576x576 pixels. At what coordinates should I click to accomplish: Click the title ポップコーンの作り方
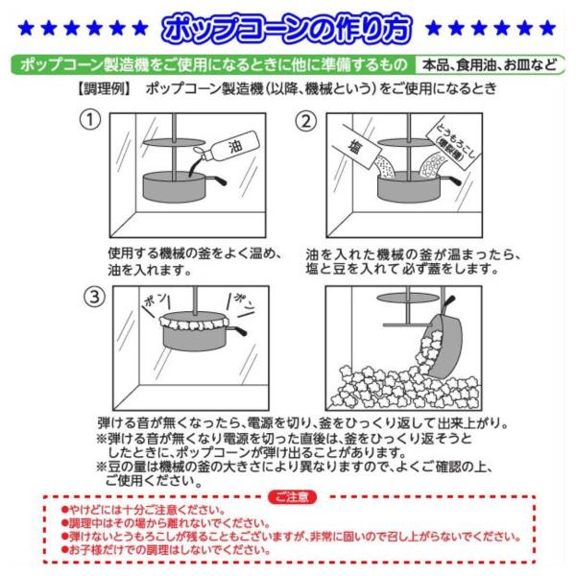coord(287,29)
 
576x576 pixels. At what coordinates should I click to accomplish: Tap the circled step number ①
coord(90,120)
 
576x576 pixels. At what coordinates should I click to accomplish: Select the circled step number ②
coord(306,121)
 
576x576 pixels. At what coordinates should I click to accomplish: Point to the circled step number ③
coord(94,296)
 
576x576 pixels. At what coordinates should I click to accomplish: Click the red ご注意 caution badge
coord(292,497)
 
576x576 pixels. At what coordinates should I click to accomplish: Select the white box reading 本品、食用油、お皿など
coord(489,65)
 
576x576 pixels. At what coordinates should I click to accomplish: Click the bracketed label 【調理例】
coord(104,89)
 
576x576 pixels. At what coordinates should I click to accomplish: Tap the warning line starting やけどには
coord(143,510)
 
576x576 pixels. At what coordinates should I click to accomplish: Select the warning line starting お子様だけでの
coord(165,549)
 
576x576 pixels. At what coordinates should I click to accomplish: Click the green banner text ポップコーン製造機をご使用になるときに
coord(213,65)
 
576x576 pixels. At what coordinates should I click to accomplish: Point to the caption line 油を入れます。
coord(150,270)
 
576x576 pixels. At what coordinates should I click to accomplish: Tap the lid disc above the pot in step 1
coord(174,142)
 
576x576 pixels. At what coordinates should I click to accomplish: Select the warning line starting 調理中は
coord(165,523)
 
